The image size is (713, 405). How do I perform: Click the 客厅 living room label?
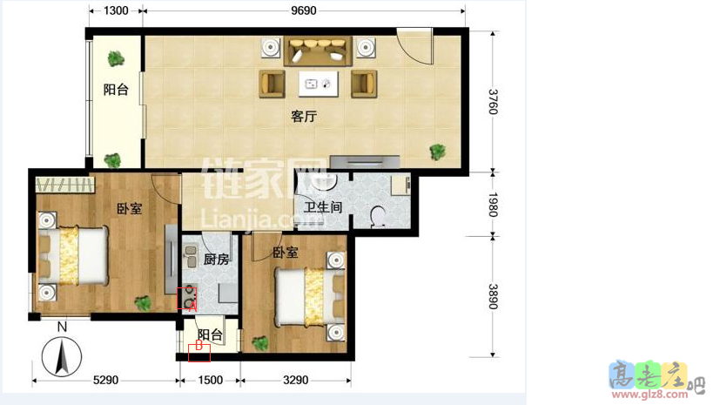pos(303,117)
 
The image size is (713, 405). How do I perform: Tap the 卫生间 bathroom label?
pos(322,207)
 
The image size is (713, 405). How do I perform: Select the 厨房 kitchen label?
pos(216,260)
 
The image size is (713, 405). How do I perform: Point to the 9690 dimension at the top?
pos(304,11)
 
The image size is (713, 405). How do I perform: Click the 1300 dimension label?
pos(116,11)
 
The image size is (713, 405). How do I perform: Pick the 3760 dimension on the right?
pos(493,102)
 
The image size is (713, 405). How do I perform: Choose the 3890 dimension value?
pos(493,296)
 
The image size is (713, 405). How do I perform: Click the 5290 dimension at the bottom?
pos(105,380)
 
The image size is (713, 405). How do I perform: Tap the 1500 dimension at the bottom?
pos(210,380)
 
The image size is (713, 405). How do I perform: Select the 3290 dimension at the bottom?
pos(296,380)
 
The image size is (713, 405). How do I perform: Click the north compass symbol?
pos(62,356)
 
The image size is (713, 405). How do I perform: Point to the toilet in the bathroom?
pos(379,215)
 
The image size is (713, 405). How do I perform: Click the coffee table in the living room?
pos(318,84)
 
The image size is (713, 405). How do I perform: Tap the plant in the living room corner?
pos(437,152)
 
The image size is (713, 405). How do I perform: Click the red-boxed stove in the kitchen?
pos(187,299)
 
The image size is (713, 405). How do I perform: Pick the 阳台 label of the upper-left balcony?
pos(116,90)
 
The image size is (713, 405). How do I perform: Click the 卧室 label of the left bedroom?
pos(130,209)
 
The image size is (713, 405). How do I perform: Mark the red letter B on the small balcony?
pos(198,347)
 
